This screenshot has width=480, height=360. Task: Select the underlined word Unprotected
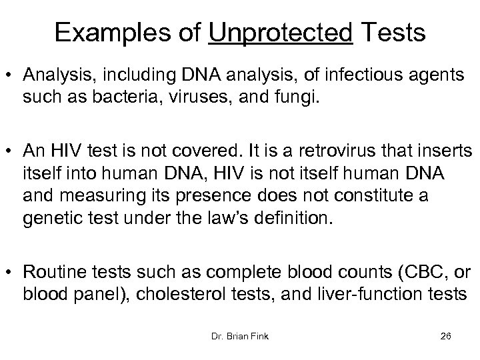(x=280, y=31)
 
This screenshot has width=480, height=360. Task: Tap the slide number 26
(x=446, y=337)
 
